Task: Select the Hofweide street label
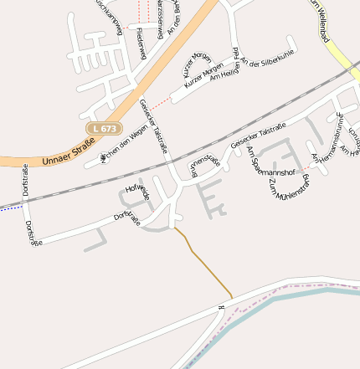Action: click(x=137, y=192)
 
